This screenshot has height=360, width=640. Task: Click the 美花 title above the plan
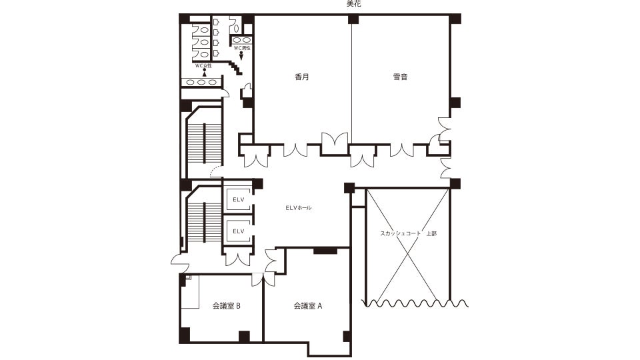353,4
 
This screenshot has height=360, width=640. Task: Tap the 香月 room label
302,76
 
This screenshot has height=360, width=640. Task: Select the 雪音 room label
400,76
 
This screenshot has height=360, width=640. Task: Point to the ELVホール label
299,208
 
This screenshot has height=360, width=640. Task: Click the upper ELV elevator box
239,199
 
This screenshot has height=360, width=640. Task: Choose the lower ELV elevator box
239,231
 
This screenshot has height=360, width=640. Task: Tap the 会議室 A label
308,306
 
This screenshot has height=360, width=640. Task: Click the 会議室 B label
226,306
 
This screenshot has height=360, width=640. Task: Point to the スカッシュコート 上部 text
408,233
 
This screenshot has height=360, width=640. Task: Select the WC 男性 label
242,48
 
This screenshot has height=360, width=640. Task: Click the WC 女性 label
203,66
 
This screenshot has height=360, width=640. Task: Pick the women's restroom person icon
204,73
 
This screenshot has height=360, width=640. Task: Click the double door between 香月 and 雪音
335,144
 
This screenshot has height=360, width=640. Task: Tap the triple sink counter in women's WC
201,83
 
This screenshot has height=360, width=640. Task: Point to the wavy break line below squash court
415,303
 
